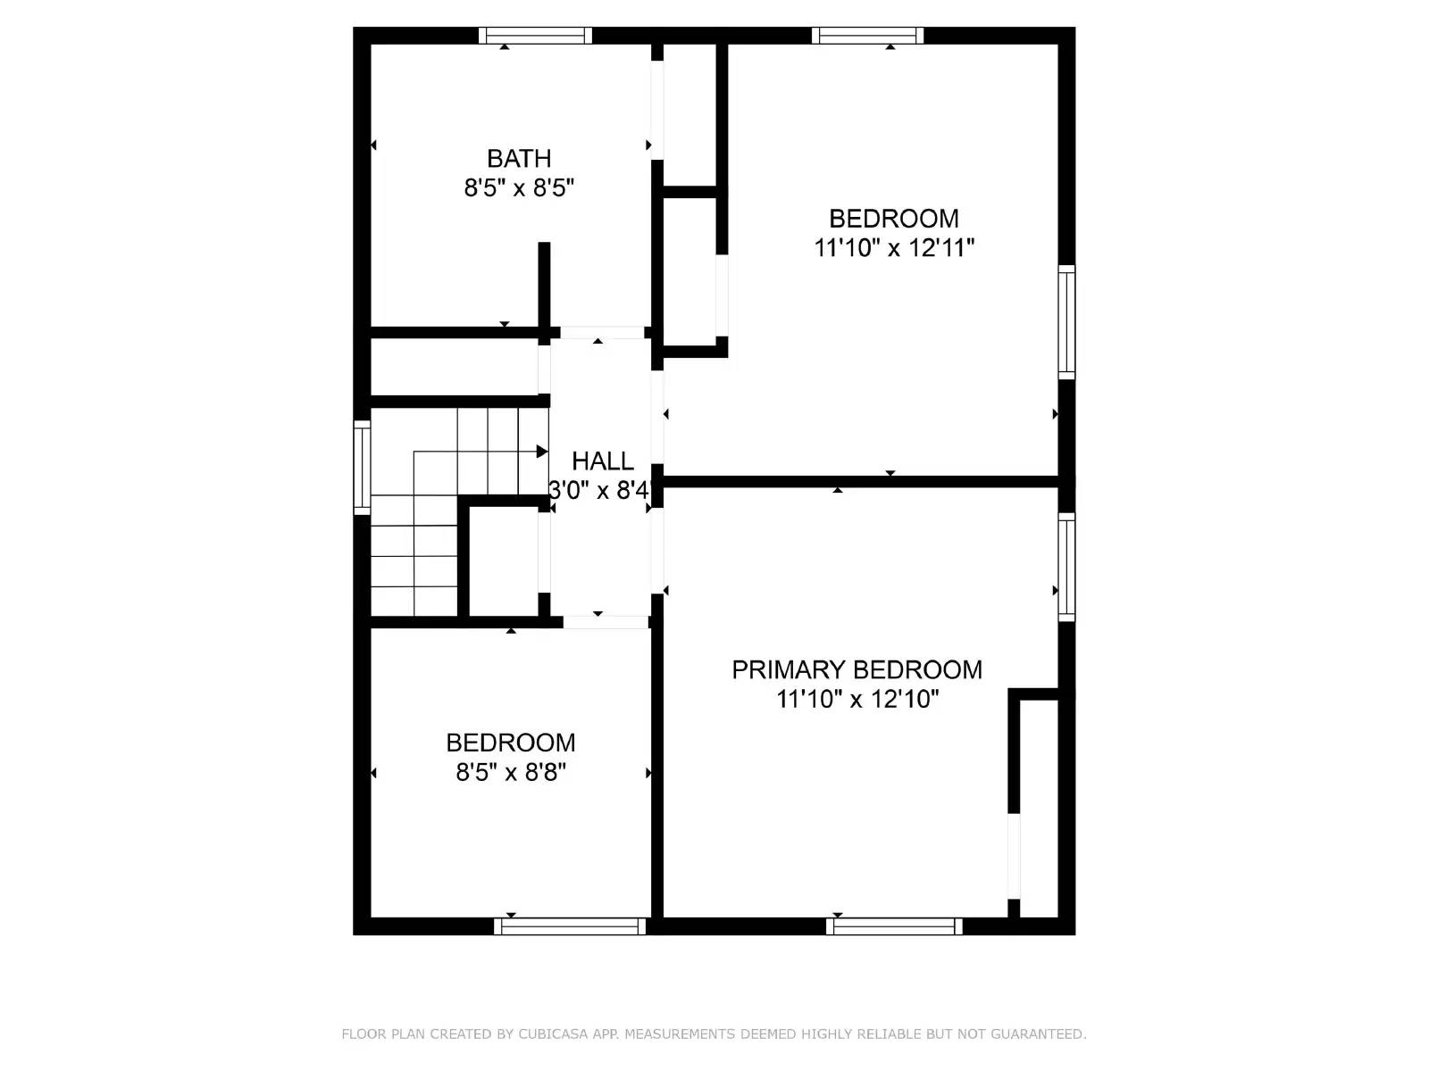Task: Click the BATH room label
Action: coord(519,159)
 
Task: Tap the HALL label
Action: coord(603,461)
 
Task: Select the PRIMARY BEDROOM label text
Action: coord(857,670)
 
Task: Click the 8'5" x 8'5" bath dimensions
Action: coord(519,188)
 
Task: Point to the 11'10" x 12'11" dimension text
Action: coord(893,248)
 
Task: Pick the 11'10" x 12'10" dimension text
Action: coord(857,699)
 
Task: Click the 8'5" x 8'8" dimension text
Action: coord(511,772)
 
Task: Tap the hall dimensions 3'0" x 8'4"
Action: coord(600,490)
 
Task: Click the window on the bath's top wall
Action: coord(535,36)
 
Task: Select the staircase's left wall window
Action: coord(362,467)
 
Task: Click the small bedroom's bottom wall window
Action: coord(570,926)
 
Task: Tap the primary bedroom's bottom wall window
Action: coord(894,926)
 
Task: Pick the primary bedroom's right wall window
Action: coord(1066,566)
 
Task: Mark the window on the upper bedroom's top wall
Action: coord(867,36)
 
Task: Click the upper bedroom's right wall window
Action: coord(1066,321)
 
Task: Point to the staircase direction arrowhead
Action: coord(541,452)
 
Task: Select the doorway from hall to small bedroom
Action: coord(606,622)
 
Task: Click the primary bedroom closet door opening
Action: coord(1014,855)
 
